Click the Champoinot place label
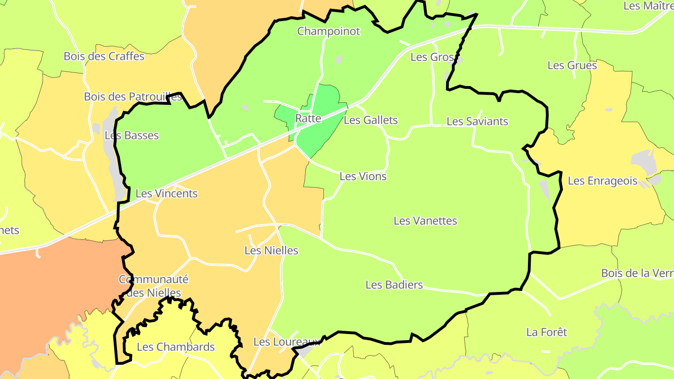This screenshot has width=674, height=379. (x=329, y=31)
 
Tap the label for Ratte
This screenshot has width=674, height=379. (x=308, y=118)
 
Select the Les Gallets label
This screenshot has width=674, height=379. (x=371, y=120)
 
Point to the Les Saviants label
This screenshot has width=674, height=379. (x=477, y=122)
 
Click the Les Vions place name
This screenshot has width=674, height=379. (x=363, y=176)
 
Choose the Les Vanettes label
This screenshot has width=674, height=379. (x=425, y=221)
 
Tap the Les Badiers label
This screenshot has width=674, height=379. (x=394, y=284)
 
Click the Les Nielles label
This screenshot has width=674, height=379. (x=271, y=250)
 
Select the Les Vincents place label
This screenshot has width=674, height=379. (x=167, y=193)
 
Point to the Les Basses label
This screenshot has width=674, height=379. (x=132, y=136)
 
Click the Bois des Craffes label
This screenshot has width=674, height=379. (x=104, y=57)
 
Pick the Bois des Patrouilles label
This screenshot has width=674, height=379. (x=132, y=97)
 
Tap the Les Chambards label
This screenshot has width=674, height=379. (x=176, y=347)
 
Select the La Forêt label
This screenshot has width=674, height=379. (x=547, y=332)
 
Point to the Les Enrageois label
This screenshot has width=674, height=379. (x=603, y=181)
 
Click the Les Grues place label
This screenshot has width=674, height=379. (x=572, y=66)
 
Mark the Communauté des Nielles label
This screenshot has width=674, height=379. (x=154, y=286)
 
